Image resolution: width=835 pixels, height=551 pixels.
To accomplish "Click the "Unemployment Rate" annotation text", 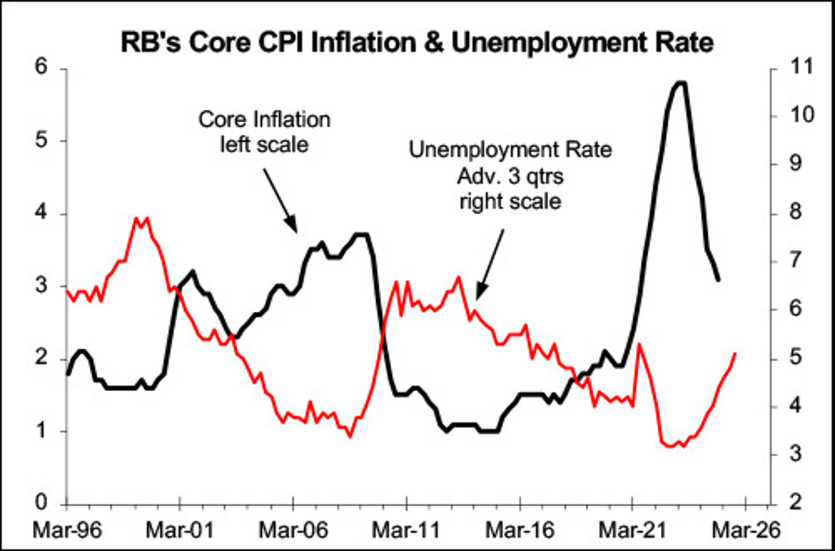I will click(510, 150).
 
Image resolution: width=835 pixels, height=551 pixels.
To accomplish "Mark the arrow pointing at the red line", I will click(490, 263).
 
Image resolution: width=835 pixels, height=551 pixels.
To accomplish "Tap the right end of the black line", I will click(718, 280).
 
